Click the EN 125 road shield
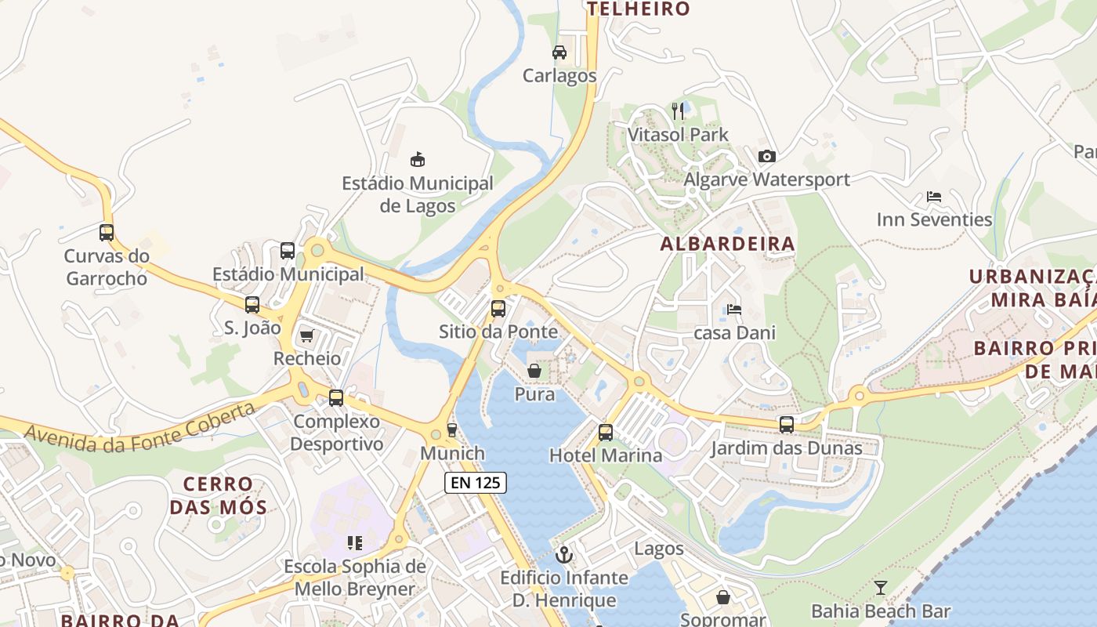(x=476, y=483)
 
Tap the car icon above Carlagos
(x=559, y=53)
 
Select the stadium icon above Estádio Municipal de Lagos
(x=418, y=160)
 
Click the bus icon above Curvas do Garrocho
(x=107, y=233)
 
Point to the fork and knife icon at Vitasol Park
(x=678, y=111)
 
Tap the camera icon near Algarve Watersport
(x=767, y=156)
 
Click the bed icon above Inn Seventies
(x=934, y=197)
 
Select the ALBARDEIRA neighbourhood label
(x=727, y=244)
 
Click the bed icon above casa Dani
(x=734, y=310)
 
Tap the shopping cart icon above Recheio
(x=306, y=336)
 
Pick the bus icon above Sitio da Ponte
(x=498, y=309)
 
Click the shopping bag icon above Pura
(x=534, y=371)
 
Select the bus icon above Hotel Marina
(x=606, y=432)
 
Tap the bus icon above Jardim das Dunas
(x=787, y=425)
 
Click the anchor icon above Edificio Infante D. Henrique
(x=564, y=555)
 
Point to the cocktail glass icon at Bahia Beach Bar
(x=881, y=588)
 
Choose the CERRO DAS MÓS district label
(x=219, y=495)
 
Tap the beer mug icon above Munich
(x=451, y=430)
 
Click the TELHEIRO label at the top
(x=639, y=9)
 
